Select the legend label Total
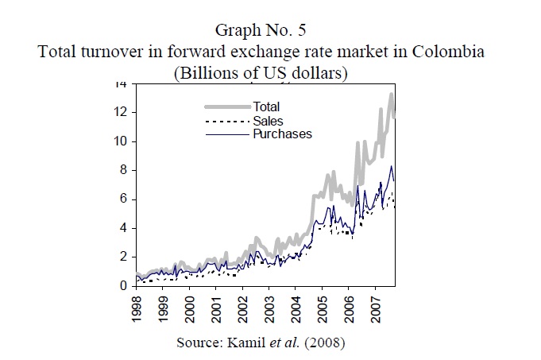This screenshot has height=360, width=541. tap(266, 106)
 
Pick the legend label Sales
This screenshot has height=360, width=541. tap(269, 120)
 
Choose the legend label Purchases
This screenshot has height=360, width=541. tap(282, 134)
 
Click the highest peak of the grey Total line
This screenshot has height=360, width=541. tap(391, 94)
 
